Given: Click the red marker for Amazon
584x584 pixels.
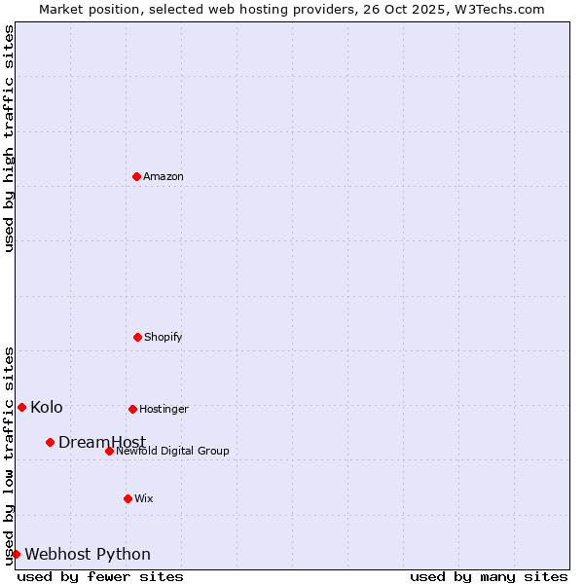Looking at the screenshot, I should click(x=137, y=176).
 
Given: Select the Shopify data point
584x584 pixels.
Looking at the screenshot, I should click(x=137, y=337).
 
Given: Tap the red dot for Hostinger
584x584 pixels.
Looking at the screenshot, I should click(x=132, y=409).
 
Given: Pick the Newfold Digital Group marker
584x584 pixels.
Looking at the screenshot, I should click(x=109, y=451).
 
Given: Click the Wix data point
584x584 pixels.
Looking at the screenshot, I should click(x=128, y=498).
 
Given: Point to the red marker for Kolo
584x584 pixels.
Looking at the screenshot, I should click(x=21, y=407).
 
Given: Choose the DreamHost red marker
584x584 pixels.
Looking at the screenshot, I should click(x=50, y=442).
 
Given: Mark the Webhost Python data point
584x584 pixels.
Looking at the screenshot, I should click(x=16, y=554).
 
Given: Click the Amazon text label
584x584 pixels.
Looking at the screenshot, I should click(x=164, y=176).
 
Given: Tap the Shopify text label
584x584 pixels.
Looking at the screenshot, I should click(x=164, y=337).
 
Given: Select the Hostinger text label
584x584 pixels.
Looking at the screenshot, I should click(x=164, y=409).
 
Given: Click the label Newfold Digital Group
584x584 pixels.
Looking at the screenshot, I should click(x=172, y=451).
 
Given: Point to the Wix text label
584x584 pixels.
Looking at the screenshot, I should click(x=144, y=498).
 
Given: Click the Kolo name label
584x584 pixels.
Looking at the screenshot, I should click(x=47, y=407).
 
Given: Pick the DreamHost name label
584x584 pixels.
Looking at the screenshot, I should click(x=102, y=442).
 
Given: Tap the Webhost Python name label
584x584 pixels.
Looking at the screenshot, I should click(x=88, y=554).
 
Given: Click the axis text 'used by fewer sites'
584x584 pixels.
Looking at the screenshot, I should click(x=100, y=576).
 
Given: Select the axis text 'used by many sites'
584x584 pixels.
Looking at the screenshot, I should click(x=489, y=576).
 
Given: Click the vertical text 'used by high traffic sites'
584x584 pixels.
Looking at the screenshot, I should click(x=9, y=138).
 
